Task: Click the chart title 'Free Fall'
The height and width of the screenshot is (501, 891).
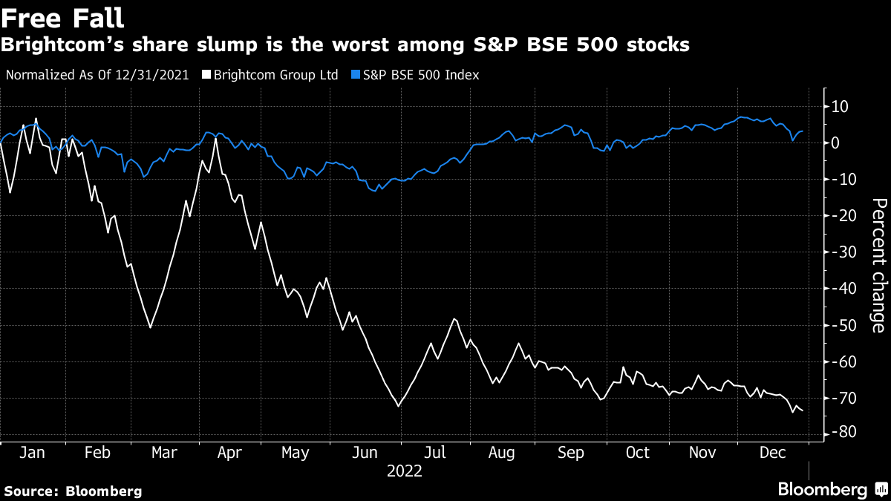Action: pyautogui.click(x=62, y=18)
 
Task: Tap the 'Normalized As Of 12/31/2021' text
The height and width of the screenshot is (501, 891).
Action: pyautogui.click(x=97, y=75)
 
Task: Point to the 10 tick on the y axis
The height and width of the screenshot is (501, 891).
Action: pyautogui.click(x=840, y=107)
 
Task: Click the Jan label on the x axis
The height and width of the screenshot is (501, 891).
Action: pyautogui.click(x=30, y=453)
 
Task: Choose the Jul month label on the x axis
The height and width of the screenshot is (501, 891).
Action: pyautogui.click(x=435, y=453)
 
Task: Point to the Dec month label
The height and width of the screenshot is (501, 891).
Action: pyautogui.click(x=774, y=453)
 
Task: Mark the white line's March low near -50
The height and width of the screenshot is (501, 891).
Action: pyautogui.click(x=150, y=327)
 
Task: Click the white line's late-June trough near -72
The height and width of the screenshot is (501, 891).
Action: pyautogui.click(x=399, y=406)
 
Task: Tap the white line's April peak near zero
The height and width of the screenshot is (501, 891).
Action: pyautogui.click(x=216, y=138)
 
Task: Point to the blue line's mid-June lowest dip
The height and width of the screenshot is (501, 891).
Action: pyautogui.click(x=379, y=189)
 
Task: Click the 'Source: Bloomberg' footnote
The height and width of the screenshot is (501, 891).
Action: pyautogui.click(x=73, y=491)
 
